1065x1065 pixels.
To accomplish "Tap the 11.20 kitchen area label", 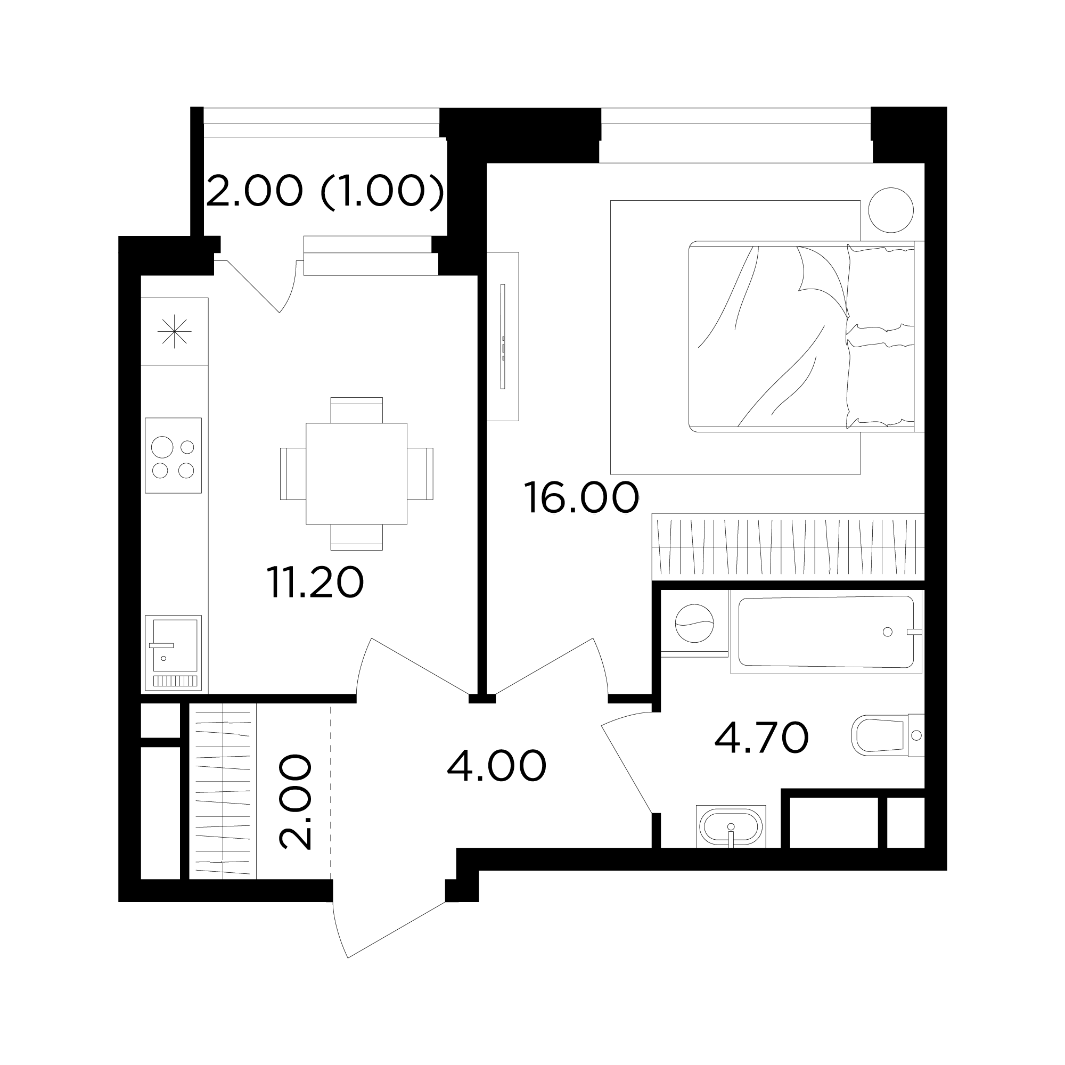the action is click(315, 582).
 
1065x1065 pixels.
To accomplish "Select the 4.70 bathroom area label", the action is click(761, 738).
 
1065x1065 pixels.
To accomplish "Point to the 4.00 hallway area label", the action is click(496, 766).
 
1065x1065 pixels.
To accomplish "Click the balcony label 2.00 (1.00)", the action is click(325, 191).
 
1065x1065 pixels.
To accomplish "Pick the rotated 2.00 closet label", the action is click(296, 802).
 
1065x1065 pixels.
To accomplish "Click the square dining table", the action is click(356, 473).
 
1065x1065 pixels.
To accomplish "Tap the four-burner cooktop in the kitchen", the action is click(173, 455).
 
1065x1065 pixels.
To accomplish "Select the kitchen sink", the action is click(173, 653).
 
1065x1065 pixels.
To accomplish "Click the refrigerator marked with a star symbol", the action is click(174, 331).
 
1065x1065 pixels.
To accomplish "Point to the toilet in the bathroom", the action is click(888, 735).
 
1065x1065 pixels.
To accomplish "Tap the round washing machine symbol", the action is click(694, 624).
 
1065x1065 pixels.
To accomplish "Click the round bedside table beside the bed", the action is click(891, 210).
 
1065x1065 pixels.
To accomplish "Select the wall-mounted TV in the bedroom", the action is click(503, 336).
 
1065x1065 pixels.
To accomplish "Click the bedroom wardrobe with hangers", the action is click(788, 546).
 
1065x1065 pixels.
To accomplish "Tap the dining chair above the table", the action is click(356, 410).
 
